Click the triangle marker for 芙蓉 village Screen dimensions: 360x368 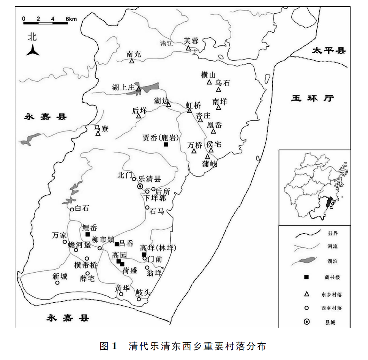pos(188,48)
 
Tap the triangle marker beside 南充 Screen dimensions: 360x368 pos(131,61)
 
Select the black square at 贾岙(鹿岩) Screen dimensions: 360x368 pos(166,144)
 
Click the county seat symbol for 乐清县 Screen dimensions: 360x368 pos(140,186)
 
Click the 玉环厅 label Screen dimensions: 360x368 pos(312,98)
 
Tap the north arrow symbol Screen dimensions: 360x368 pos(33,50)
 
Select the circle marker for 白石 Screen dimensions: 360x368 pos(72,209)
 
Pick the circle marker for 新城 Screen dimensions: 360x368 pos(57,283)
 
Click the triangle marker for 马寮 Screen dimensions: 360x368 pos(98,133)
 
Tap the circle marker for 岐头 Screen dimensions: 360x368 pos(139,299)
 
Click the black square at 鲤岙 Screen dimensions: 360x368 pos(88,235)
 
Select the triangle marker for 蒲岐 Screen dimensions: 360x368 pos(207,156)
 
